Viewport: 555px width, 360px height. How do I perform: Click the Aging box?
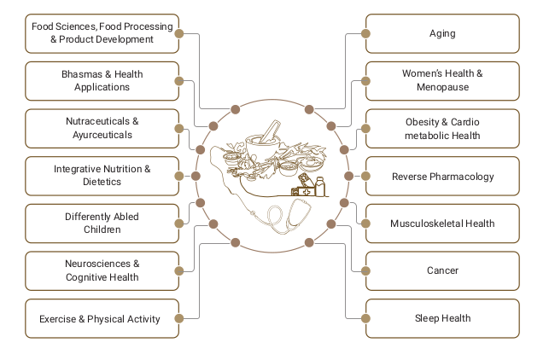coord(442,33)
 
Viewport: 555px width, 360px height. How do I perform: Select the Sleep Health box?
coord(442,318)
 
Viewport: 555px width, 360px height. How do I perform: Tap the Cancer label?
coord(442,270)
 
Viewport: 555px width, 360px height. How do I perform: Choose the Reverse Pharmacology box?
coord(442,176)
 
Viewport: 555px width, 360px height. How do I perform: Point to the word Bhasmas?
coord(82,74)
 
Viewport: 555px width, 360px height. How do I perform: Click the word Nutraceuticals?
coord(97,121)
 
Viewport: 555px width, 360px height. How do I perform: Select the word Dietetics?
coord(102,182)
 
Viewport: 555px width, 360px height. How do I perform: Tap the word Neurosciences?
coord(97,264)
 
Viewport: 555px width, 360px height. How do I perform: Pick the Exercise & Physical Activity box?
coord(102,318)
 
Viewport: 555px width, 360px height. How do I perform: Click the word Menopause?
coord(442,87)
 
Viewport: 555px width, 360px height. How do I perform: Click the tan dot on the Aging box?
coord(365,33)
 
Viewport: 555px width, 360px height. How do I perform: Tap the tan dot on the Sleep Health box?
coord(365,318)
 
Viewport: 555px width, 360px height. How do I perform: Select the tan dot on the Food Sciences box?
coord(179,33)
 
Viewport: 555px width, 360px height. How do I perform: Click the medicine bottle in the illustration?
coord(320,187)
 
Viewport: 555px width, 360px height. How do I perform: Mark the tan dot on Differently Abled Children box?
coord(179,224)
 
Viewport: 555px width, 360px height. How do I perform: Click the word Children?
coord(102,229)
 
